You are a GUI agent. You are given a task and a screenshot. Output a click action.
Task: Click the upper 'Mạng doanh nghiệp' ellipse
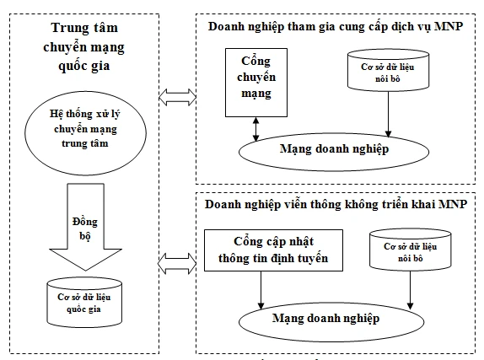click(333, 149)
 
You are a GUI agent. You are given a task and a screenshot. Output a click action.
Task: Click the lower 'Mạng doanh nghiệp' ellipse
click(333, 319)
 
